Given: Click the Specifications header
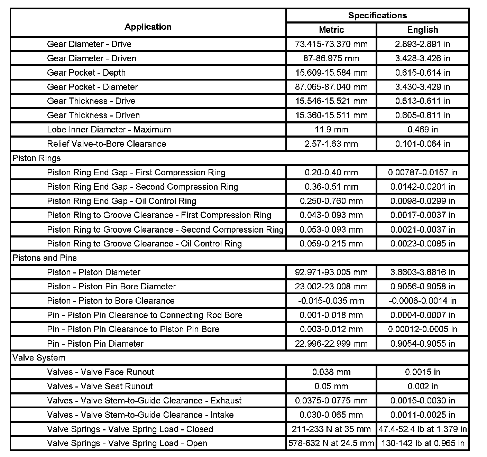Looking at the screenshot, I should click(x=377, y=16).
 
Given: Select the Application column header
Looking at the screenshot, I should click(x=148, y=27).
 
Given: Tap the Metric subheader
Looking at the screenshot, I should click(x=331, y=30).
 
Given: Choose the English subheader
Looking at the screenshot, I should click(x=422, y=30).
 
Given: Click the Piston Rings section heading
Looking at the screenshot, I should click(x=37, y=158).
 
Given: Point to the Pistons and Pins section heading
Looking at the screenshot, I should click(x=45, y=258).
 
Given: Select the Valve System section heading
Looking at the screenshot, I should click(x=39, y=358).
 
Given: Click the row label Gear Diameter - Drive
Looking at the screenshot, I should click(x=89, y=44).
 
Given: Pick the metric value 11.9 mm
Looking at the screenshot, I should click(x=331, y=130).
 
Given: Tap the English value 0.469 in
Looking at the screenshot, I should click(x=422, y=130).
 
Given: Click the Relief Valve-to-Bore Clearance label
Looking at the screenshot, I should click(x=107, y=144).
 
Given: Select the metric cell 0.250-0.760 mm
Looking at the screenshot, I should click(x=331, y=201).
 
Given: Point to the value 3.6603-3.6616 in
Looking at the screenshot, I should click(x=422, y=272).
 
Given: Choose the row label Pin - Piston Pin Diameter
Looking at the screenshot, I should click(x=95, y=344).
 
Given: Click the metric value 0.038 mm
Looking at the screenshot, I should click(x=331, y=372).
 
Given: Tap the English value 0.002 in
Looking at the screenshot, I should click(x=422, y=386).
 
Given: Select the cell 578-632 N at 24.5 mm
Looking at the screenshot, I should click(x=331, y=444).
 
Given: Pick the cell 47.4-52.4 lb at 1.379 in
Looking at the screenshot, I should click(x=422, y=429).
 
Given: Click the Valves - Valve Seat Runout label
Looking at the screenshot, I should click(x=100, y=386).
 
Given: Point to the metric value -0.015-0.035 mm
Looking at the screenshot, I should click(x=331, y=301).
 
